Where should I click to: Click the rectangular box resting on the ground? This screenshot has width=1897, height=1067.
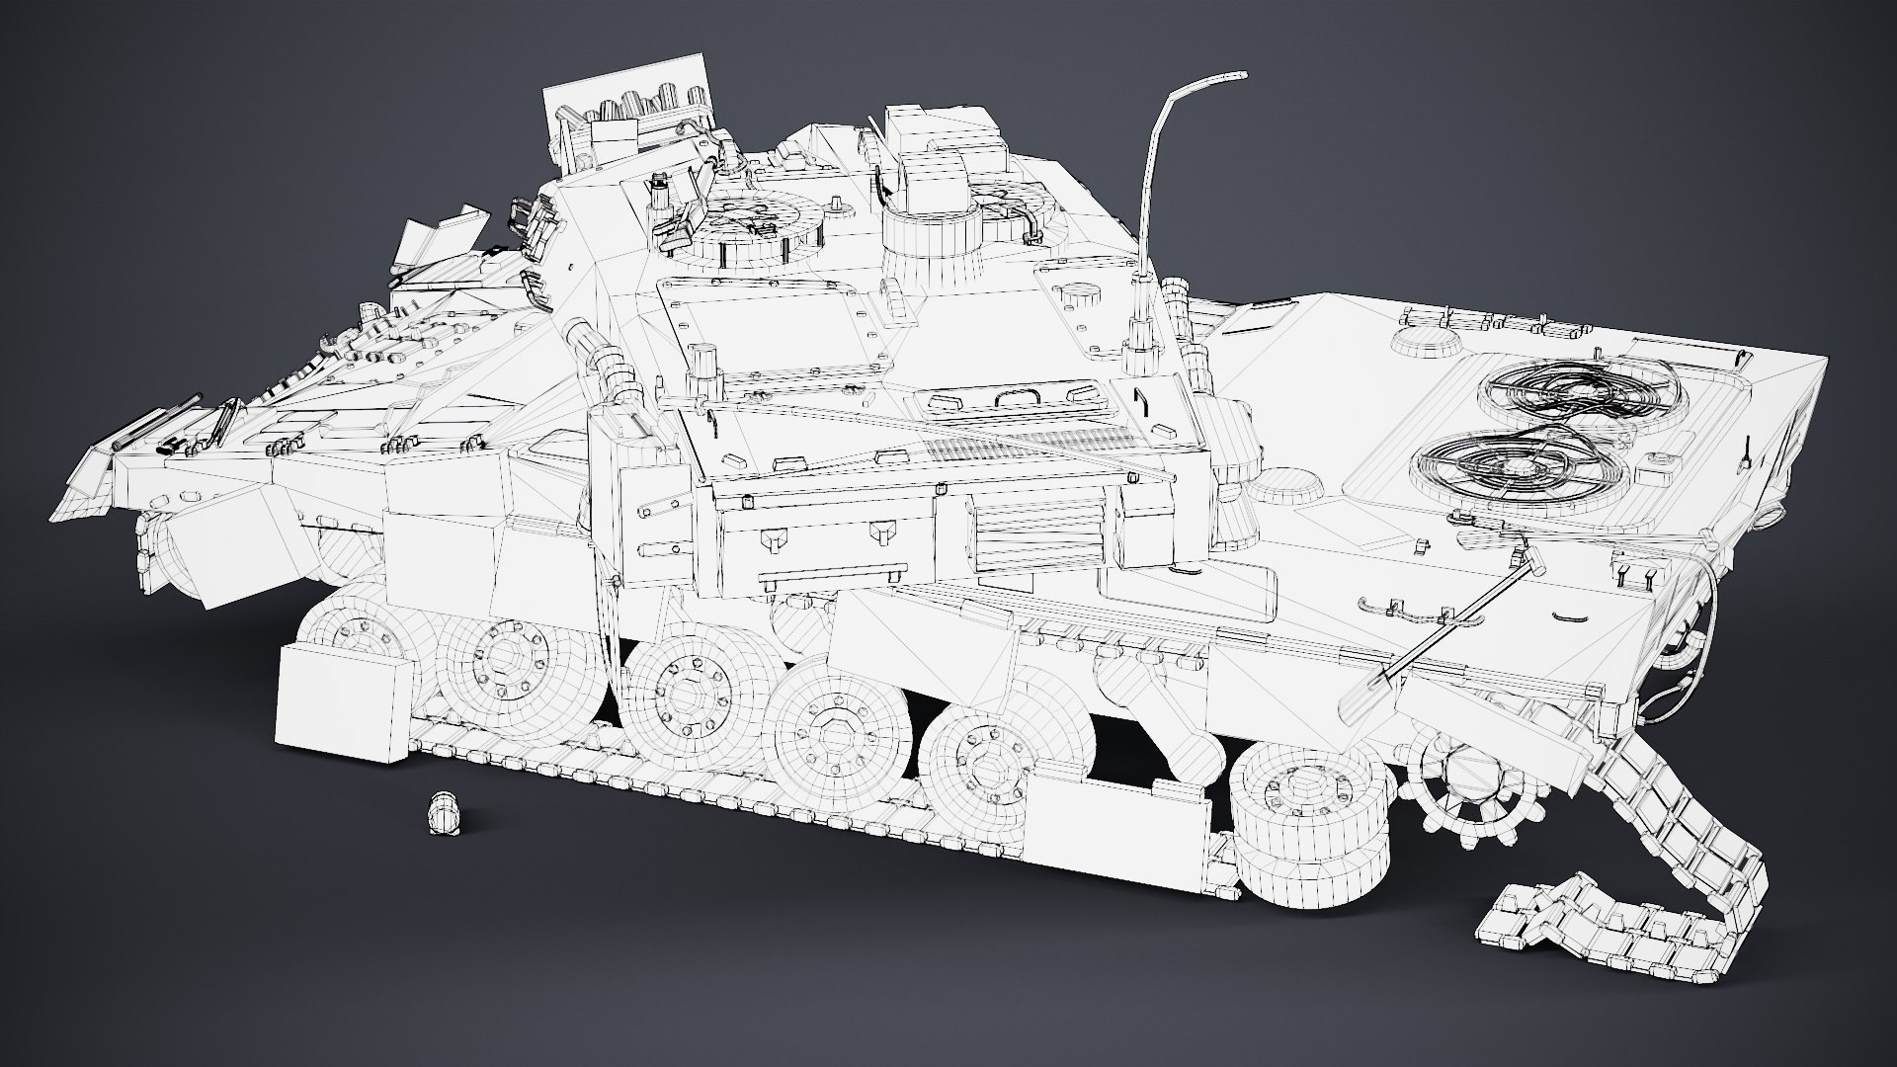tap(341, 702)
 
